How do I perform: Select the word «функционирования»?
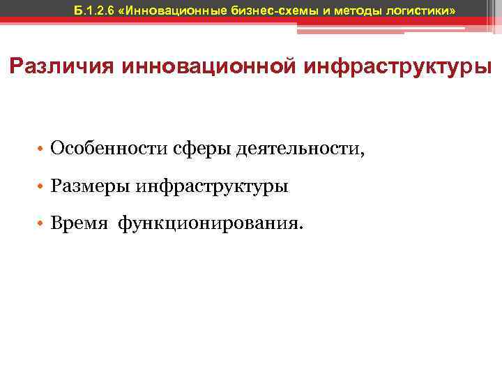(208, 224)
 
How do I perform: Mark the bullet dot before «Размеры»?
(42, 187)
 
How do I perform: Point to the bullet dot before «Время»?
(42, 225)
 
